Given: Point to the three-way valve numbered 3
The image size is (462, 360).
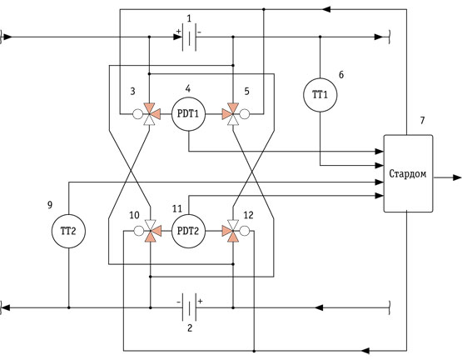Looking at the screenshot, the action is (x=150, y=114).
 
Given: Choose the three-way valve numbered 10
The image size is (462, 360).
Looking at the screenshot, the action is (x=151, y=231).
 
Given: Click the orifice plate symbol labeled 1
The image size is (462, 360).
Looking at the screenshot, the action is (x=189, y=37).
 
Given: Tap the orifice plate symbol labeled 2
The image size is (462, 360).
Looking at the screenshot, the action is (x=189, y=307).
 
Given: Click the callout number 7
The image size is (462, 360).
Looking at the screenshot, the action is (x=422, y=120).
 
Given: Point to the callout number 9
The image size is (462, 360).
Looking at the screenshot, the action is (x=50, y=205).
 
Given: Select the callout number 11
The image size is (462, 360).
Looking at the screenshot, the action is (x=177, y=209).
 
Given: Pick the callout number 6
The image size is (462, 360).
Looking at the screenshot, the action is (x=341, y=75).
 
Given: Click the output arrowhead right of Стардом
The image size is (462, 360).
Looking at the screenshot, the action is (x=457, y=177).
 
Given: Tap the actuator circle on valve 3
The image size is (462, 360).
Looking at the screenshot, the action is (x=137, y=114).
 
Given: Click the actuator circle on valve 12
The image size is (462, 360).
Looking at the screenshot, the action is (x=245, y=231).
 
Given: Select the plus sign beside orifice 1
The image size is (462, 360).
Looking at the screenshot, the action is (x=178, y=31).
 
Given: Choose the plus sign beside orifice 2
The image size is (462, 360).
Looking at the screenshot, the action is (x=201, y=302).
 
